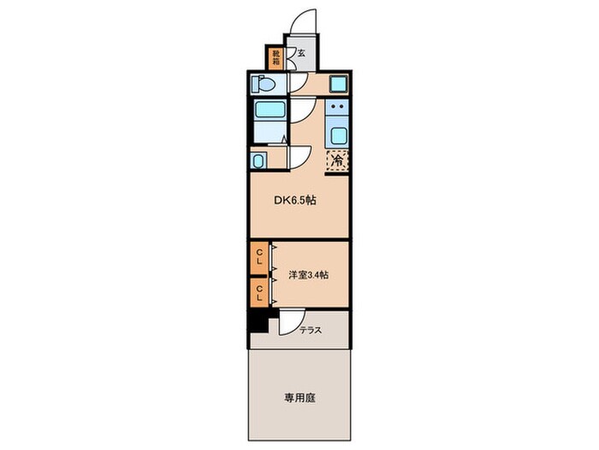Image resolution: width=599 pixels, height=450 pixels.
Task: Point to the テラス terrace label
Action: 311,328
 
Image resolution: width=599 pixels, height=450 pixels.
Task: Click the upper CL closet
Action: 258,257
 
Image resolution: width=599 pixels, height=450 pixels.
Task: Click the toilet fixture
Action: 263,84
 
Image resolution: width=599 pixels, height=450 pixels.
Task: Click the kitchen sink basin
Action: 337,135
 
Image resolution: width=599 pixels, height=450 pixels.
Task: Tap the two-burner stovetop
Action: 337,108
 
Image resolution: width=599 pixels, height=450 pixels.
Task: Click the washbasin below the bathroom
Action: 258,160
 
